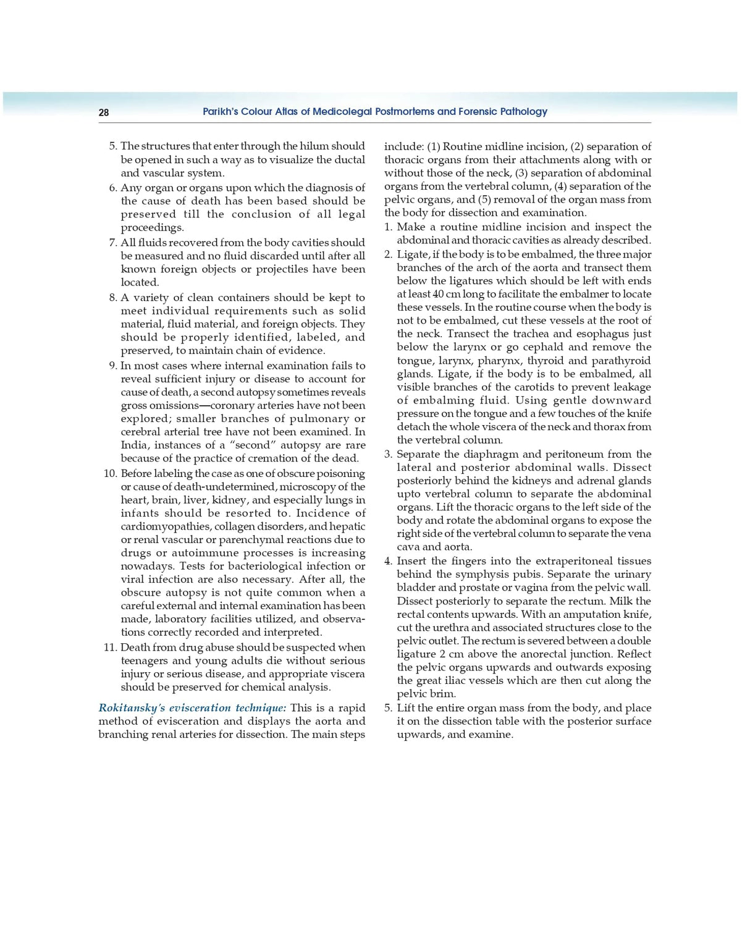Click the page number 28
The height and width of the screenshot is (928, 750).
point(103,112)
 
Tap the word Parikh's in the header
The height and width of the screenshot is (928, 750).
point(220,112)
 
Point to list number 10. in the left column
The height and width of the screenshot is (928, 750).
point(110,473)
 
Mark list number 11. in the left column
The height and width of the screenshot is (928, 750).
point(110,647)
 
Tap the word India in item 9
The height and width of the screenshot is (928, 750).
point(133,445)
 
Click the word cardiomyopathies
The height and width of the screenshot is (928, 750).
point(165,526)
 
